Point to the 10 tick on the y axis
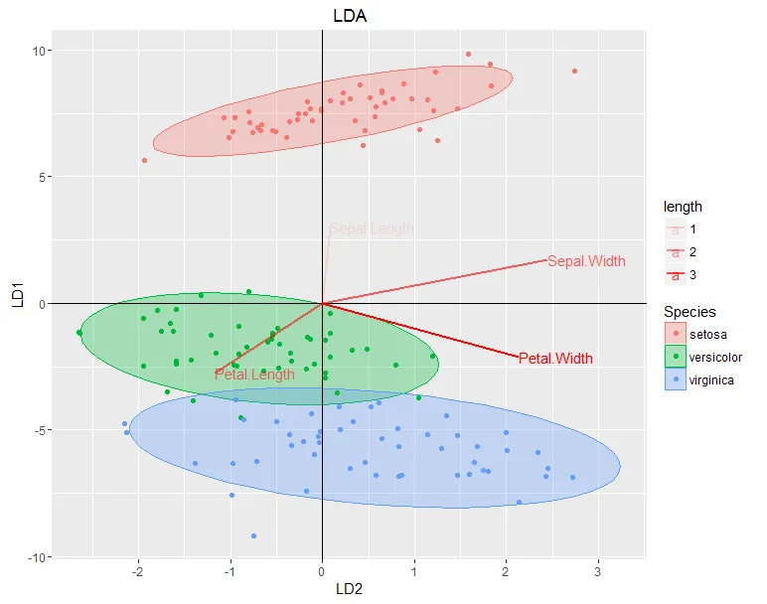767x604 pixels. (x=45, y=51)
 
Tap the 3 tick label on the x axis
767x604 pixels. (x=597, y=571)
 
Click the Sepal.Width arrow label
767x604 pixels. (x=587, y=261)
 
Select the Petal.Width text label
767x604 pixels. (x=556, y=358)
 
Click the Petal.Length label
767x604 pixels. (x=254, y=375)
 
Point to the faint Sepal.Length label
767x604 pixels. (x=371, y=229)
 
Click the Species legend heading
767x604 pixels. (x=690, y=312)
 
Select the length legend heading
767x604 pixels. (x=684, y=208)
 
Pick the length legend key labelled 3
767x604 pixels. (x=677, y=274)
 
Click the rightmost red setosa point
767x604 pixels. (x=574, y=71)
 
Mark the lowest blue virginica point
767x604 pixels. (x=253, y=535)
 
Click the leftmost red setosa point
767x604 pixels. (x=144, y=160)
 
